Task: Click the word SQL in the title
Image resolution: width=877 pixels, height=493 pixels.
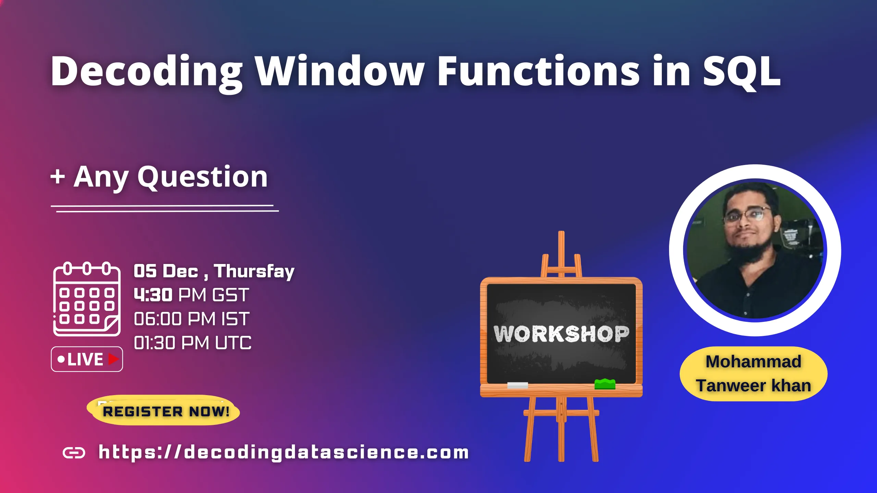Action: [x=742, y=72]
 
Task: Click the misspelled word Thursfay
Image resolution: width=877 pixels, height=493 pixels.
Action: [x=254, y=271]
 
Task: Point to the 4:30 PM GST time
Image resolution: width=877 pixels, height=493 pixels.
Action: [x=191, y=295]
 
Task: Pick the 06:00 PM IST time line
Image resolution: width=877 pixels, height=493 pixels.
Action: [x=192, y=319]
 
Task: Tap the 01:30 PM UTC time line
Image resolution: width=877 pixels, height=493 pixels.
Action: [x=193, y=343]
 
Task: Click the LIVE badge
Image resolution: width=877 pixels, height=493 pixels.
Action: [x=87, y=359]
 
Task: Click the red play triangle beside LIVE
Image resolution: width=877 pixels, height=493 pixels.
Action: [x=113, y=359]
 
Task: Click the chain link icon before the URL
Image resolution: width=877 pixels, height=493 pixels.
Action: [x=74, y=453]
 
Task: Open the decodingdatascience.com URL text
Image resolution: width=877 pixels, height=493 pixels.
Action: [x=284, y=452]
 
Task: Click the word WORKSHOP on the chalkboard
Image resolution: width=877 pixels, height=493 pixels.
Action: [x=561, y=334]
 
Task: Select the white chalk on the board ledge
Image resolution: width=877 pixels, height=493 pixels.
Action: [x=517, y=385]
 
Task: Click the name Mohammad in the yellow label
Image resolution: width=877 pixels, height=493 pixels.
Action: [x=753, y=362]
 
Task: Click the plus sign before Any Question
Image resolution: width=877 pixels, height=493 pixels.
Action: [x=58, y=177]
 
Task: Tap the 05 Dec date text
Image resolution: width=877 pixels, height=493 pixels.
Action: [x=166, y=271]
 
